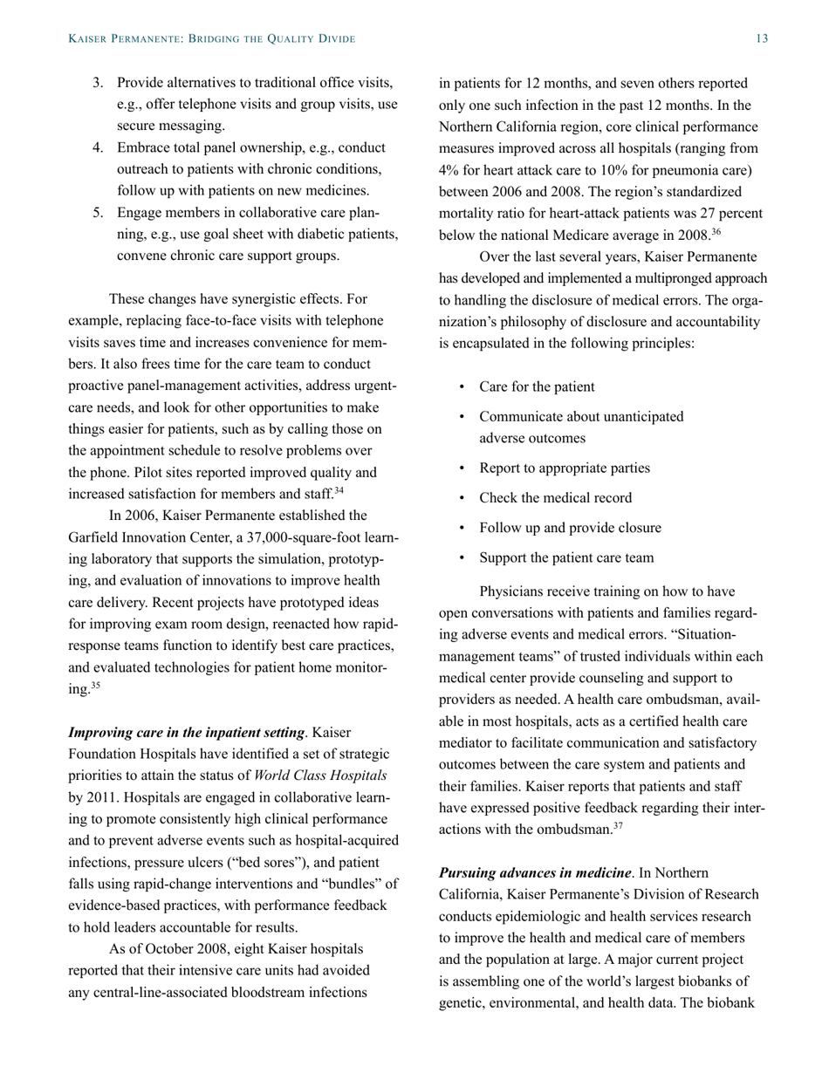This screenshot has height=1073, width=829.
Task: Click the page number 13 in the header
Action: point(762,39)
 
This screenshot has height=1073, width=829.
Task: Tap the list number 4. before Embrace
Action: point(99,147)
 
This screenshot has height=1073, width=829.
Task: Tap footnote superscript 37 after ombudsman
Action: point(615,824)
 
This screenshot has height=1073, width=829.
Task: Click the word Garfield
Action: point(96,536)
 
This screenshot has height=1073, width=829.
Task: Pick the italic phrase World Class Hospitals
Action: point(327,776)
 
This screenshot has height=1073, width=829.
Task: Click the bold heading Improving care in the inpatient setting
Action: point(187,731)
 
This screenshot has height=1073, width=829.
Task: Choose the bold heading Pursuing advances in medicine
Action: point(535,872)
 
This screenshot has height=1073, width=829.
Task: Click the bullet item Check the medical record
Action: point(555,498)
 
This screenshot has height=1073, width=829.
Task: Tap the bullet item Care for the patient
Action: point(537,386)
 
